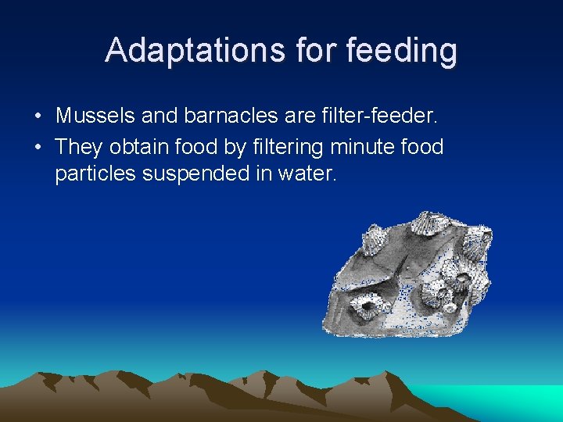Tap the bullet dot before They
tap(38, 148)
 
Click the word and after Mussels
tap(160, 117)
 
